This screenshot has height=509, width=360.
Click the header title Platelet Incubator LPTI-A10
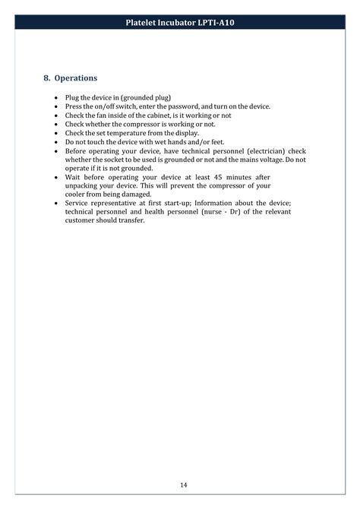180,24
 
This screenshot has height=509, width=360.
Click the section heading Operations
75,78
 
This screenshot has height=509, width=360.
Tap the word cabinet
155,115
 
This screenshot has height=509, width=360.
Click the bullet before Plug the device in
57,99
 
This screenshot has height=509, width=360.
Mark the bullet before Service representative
57,203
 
